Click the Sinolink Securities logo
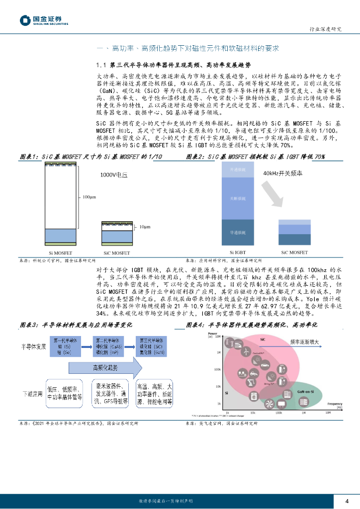[x=44, y=20]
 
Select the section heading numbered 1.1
[x=174, y=65]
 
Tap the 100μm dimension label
[x=89, y=197]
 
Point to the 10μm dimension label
[x=144, y=227]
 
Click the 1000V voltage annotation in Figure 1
[x=114, y=175]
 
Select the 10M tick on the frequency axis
[x=328, y=413]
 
